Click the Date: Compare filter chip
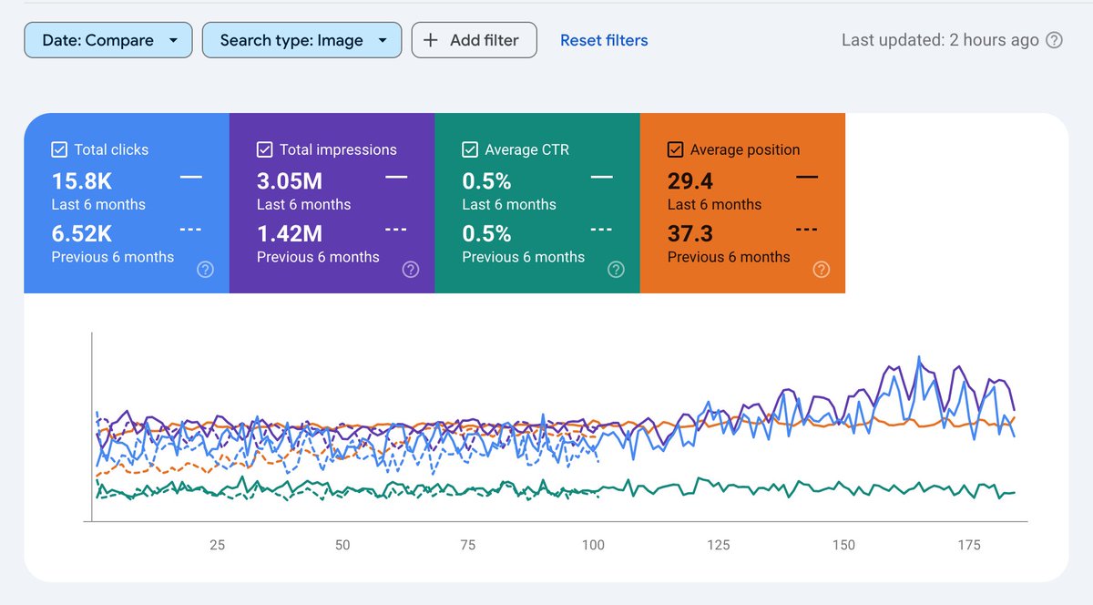pos(107,40)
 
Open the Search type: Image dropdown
pos(301,40)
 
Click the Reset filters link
pos(604,40)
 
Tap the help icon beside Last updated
pos(1055,40)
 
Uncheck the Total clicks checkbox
pos(59,149)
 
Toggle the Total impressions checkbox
pos(265,149)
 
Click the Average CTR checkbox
pos(470,149)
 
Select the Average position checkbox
pos(676,149)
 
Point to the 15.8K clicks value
pos(82,180)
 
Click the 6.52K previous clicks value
pos(82,233)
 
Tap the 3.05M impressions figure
pos(290,180)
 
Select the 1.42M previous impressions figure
pos(290,233)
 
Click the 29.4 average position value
pos(690,180)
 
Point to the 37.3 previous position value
pos(690,233)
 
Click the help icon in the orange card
pos(822,269)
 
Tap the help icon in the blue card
pos(206,269)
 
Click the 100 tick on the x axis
pos(593,545)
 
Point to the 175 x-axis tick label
pos(969,545)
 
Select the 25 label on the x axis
pos(217,545)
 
